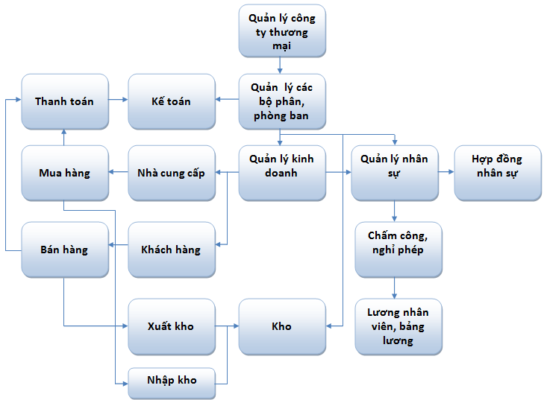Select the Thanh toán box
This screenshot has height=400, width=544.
coord(64,101)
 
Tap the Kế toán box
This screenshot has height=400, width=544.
coord(172,101)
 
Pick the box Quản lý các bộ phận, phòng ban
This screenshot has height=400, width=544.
coord(282,101)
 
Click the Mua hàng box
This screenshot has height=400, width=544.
coord(64,173)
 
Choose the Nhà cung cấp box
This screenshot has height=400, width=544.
coord(172,173)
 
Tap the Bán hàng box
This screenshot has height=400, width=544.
coord(64,250)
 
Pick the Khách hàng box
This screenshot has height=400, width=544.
coord(172,250)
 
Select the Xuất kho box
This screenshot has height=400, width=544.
coord(172,326)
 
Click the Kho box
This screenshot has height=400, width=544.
coord(282,326)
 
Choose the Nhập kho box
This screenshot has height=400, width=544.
coord(172,380)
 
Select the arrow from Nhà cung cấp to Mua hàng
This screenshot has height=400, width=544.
coord(118,173)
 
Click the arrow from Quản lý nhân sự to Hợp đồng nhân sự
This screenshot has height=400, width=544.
coord(445,173)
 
